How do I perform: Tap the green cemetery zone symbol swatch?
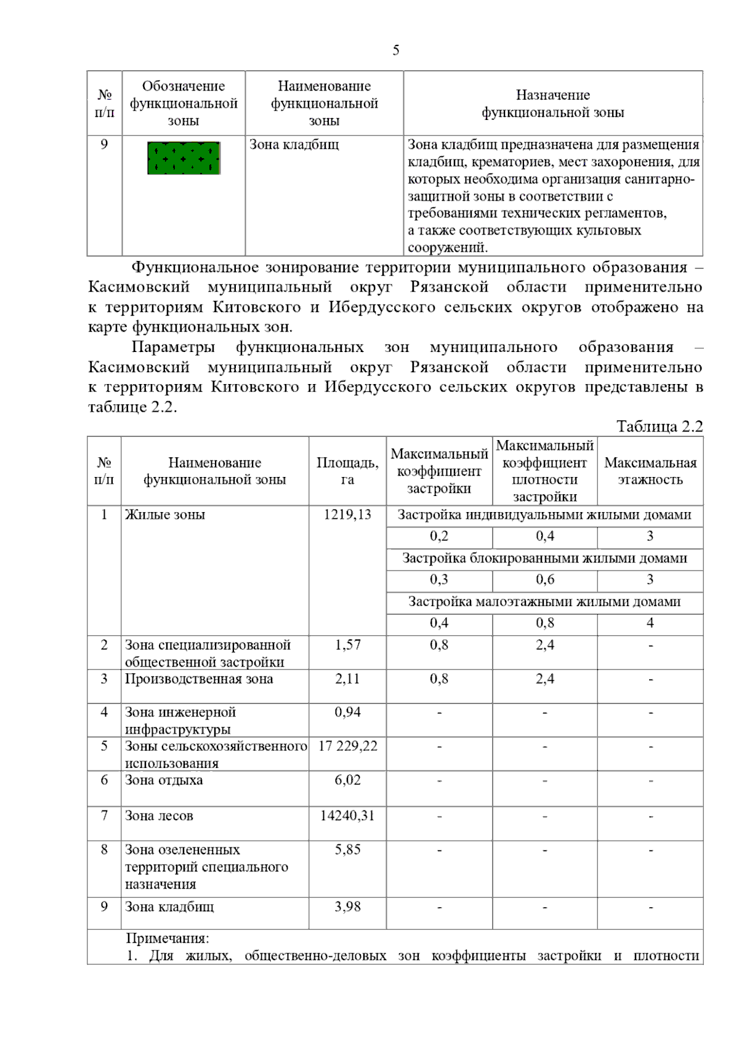pos(184,158)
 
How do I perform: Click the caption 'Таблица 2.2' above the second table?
pos(659,426)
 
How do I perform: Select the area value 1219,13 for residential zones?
pos(347,515)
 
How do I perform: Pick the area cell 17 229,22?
pos(347,747)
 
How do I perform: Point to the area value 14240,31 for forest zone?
pos(347,816)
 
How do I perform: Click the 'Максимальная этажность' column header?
pos(650,471)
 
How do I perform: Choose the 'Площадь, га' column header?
pos(347,471)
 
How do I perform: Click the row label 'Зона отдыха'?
pos(164,780)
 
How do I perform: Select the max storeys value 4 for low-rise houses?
pos(650,623)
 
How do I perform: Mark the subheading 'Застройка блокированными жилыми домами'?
pos(544,559)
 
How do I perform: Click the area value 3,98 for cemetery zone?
pos(347,907)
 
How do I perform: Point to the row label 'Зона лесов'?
pos(159,816)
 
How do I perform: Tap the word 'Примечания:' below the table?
pos(168,939)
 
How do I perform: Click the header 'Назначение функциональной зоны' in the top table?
pos(552,103)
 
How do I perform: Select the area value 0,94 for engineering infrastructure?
pos(347,713)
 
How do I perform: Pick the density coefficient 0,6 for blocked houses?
pos(544,580)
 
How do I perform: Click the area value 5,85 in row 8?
pos(347,850)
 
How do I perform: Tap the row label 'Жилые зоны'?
pos(165,515)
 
